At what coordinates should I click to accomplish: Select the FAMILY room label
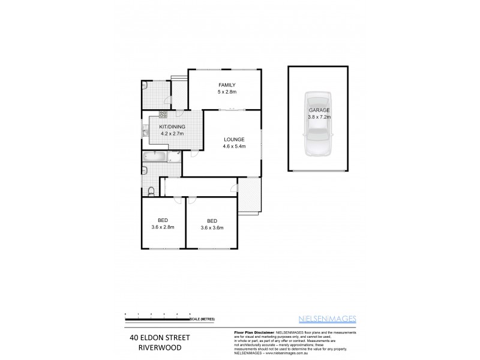tap(227, 85)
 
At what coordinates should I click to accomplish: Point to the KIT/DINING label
tap(172, 127)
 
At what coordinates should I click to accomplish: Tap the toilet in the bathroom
tap(152, 191)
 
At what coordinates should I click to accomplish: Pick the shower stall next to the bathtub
tap(173, 157)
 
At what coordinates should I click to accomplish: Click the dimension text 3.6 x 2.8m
tap(163, 227)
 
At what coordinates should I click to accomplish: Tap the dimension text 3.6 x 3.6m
tap(211, 227)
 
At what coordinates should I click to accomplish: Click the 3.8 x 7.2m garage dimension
tap(319, 118)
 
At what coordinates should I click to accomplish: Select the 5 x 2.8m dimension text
tap(227, 92)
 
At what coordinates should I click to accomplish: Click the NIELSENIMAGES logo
tap(331, 318)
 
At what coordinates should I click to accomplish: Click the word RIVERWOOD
tap(158, 347)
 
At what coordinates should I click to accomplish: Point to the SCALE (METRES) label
tap(202, 319)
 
